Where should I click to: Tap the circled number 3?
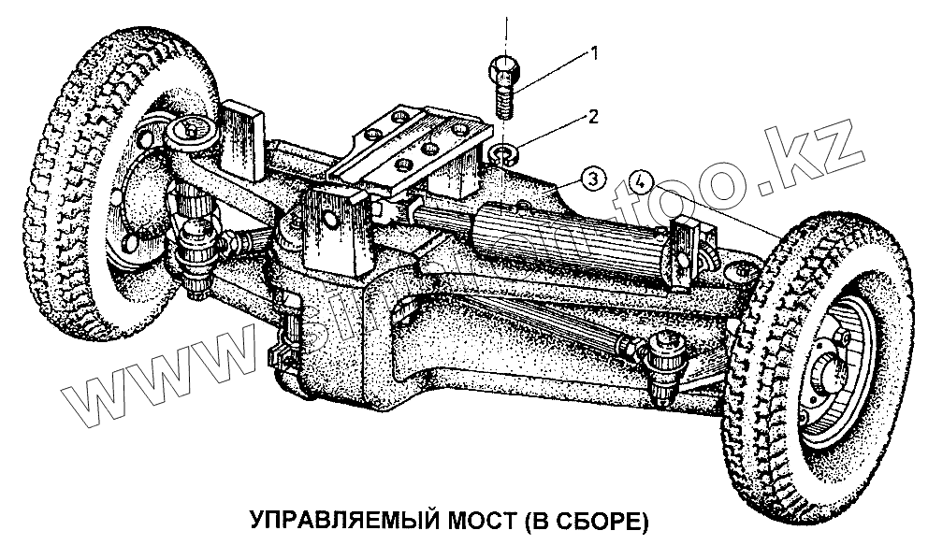pyautogui.click(x=590, y=176)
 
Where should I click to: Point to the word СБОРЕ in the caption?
pyautogui.click(x=595, y=519)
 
